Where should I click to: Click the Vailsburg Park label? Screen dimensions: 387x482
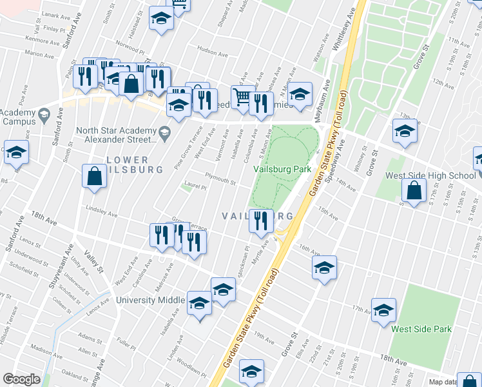pos(282,169)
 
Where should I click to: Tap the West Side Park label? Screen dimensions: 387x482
pos(421,329)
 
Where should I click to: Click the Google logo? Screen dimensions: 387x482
pos(21,379)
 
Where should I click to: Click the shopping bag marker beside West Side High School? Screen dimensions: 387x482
pos(414,190)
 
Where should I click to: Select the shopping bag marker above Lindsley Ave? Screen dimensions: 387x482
pos(94,177)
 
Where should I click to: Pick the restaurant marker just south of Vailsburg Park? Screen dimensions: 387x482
pos(260,221)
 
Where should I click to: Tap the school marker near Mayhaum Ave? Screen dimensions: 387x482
pos(300,94)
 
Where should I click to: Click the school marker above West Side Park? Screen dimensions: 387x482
pos(384,310)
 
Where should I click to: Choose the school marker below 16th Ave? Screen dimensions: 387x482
pos(324,268)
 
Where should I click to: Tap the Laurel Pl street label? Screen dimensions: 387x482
pos(195,188)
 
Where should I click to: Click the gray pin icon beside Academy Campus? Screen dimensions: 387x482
pos(44,115)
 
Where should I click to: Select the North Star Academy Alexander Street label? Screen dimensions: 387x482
pos(116,134)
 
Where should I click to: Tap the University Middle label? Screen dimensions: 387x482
pos(151,300)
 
